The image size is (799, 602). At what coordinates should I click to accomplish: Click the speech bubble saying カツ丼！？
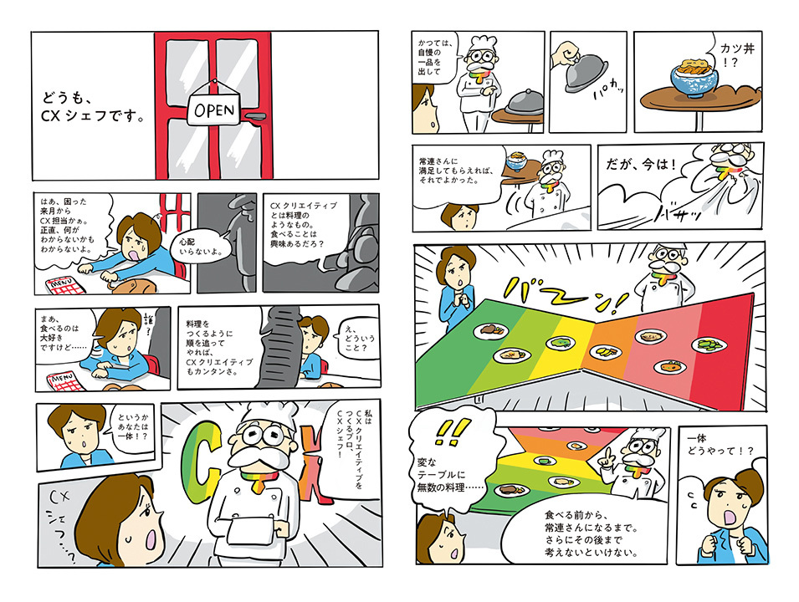[731, 58]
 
